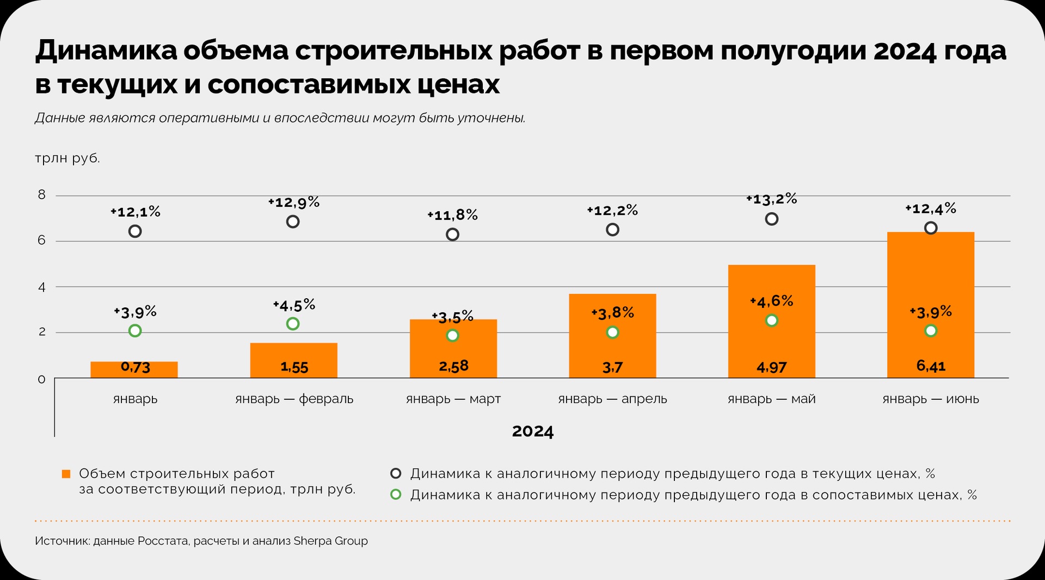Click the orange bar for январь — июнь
click(930, 272)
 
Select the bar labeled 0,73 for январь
click(134, 369)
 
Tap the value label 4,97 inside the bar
click(771, 367)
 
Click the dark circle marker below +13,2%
click(771, 219)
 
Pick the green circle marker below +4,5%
click(293, 324)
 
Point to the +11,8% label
click(452, 215)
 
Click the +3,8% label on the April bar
click(612, 313)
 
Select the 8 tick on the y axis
click(42, 195)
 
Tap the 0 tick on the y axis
click(42, 379)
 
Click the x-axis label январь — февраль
click(294, 399)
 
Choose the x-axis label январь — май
click(771, 399)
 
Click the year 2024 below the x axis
click(532, 431)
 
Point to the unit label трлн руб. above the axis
click(67, 158)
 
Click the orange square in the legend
click(66, 474)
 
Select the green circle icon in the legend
click(396, 495)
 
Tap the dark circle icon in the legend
click(396, 473)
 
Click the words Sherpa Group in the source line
click(330, 541)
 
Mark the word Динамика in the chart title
click(106, 50)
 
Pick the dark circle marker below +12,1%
click(135, 231)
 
